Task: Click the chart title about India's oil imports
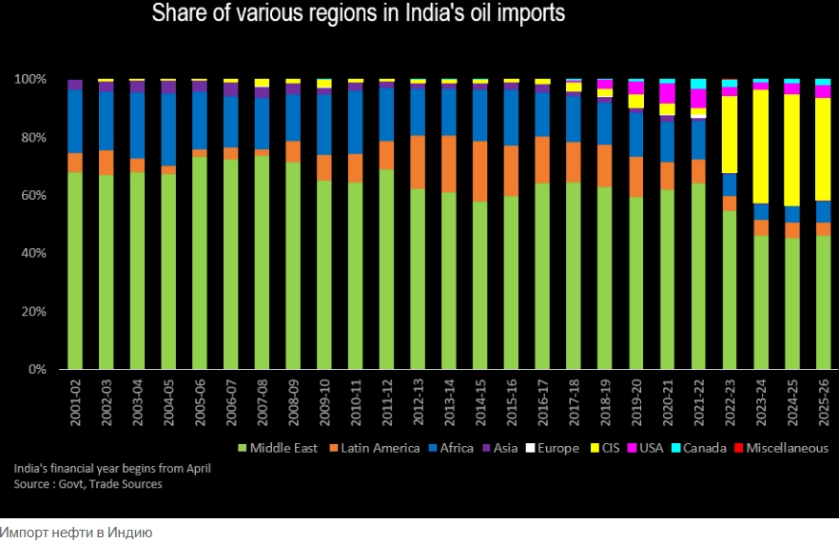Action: coord(358,14)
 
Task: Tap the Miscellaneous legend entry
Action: coord(780,448)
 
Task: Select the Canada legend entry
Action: coord(699,448)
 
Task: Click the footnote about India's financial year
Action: coord(112,469)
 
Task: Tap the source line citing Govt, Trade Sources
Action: coord(88,484)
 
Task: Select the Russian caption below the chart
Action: coord(76,532)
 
